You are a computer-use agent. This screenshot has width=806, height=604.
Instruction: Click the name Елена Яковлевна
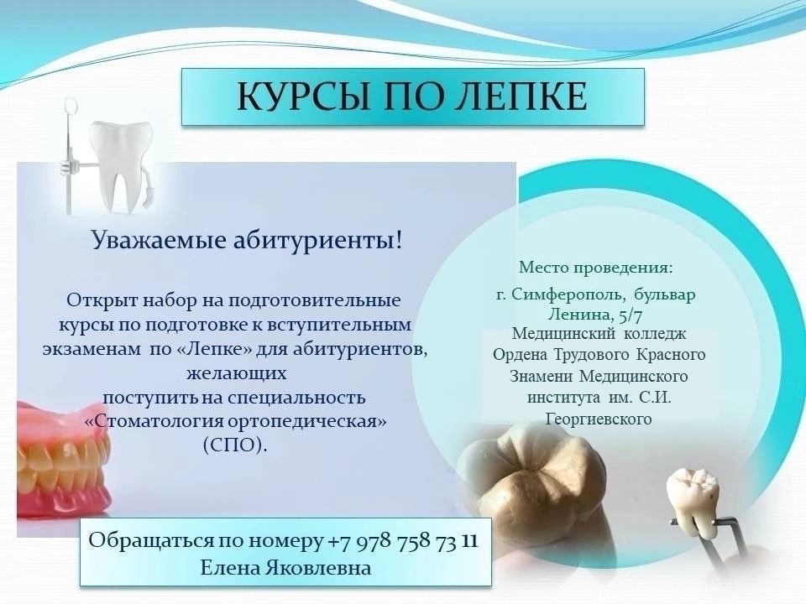coord(285,568)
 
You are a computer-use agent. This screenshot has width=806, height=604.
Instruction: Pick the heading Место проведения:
coord(596,268)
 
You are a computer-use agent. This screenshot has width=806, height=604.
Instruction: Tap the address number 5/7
coord(628,314)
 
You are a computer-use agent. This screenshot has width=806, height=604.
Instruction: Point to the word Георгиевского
coord(599,419)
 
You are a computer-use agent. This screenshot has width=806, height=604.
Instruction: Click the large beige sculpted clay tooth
coord(532,481)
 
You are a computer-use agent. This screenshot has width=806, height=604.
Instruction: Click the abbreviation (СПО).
coord(235,445)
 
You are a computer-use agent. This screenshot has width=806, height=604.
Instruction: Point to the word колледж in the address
coord(655,335)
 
